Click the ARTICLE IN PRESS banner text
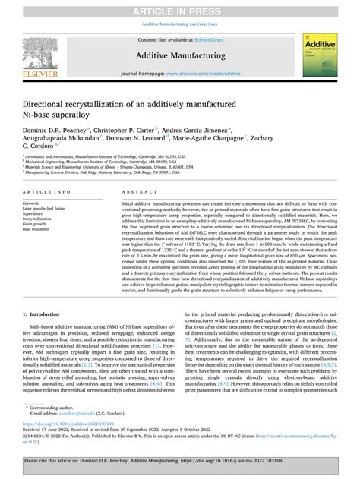(x=179, y=8)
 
